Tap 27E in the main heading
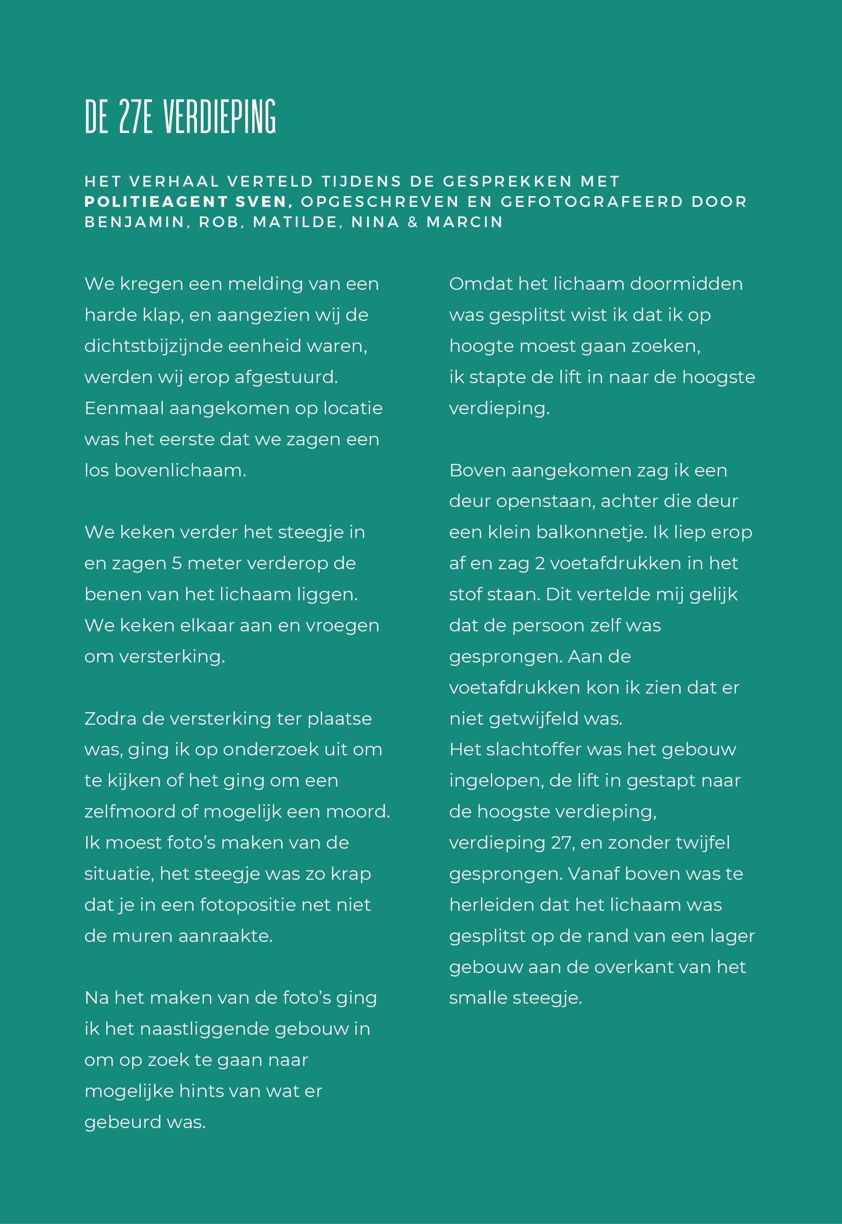[136, 117]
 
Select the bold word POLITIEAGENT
[157, 202]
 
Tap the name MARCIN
[465, 222]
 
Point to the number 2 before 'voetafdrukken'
[540, 564]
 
